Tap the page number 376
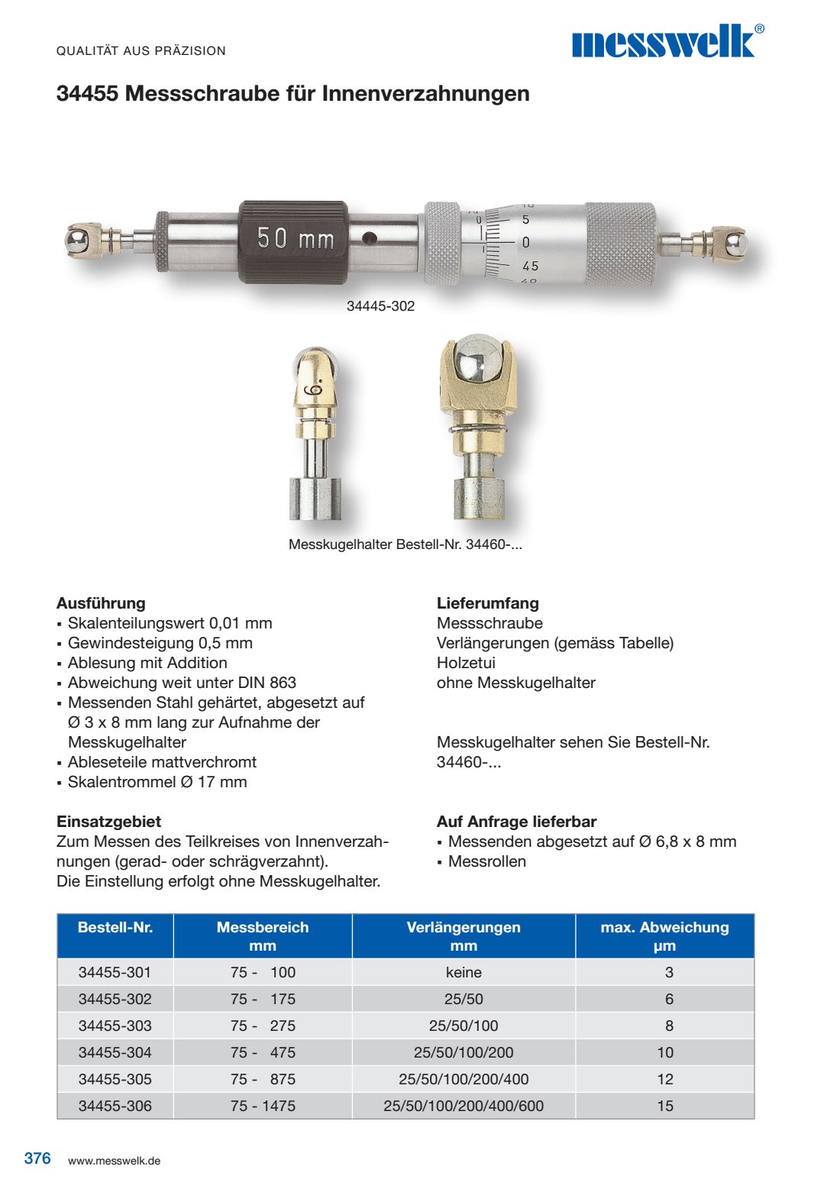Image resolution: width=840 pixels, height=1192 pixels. [x=37, y=1158]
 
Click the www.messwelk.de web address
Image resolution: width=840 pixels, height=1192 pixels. [x=114, y=1161]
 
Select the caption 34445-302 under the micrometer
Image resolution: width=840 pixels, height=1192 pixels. [x=380, y=306]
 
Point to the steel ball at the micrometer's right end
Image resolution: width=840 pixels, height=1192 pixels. [x=735, y=242]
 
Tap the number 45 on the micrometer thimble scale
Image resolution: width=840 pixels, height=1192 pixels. [x=530, y=267]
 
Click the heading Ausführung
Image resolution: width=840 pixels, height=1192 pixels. [x=101, y=603]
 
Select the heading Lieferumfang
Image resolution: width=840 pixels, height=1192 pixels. [x=487, y=603]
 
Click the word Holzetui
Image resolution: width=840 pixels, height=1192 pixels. [x=466, y=663]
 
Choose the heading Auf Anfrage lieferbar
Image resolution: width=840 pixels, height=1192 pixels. [x=516, y=822]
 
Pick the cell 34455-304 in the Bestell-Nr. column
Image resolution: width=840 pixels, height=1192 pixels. [x=115, y=1052]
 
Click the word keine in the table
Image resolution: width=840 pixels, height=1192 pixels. [x=464, y=972]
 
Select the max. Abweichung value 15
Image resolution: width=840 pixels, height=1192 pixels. [x=665, y=1106]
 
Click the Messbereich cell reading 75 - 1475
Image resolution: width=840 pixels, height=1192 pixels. [x=263, y=1106]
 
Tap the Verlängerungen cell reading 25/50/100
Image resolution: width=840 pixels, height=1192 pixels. [x=464, y=1026]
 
